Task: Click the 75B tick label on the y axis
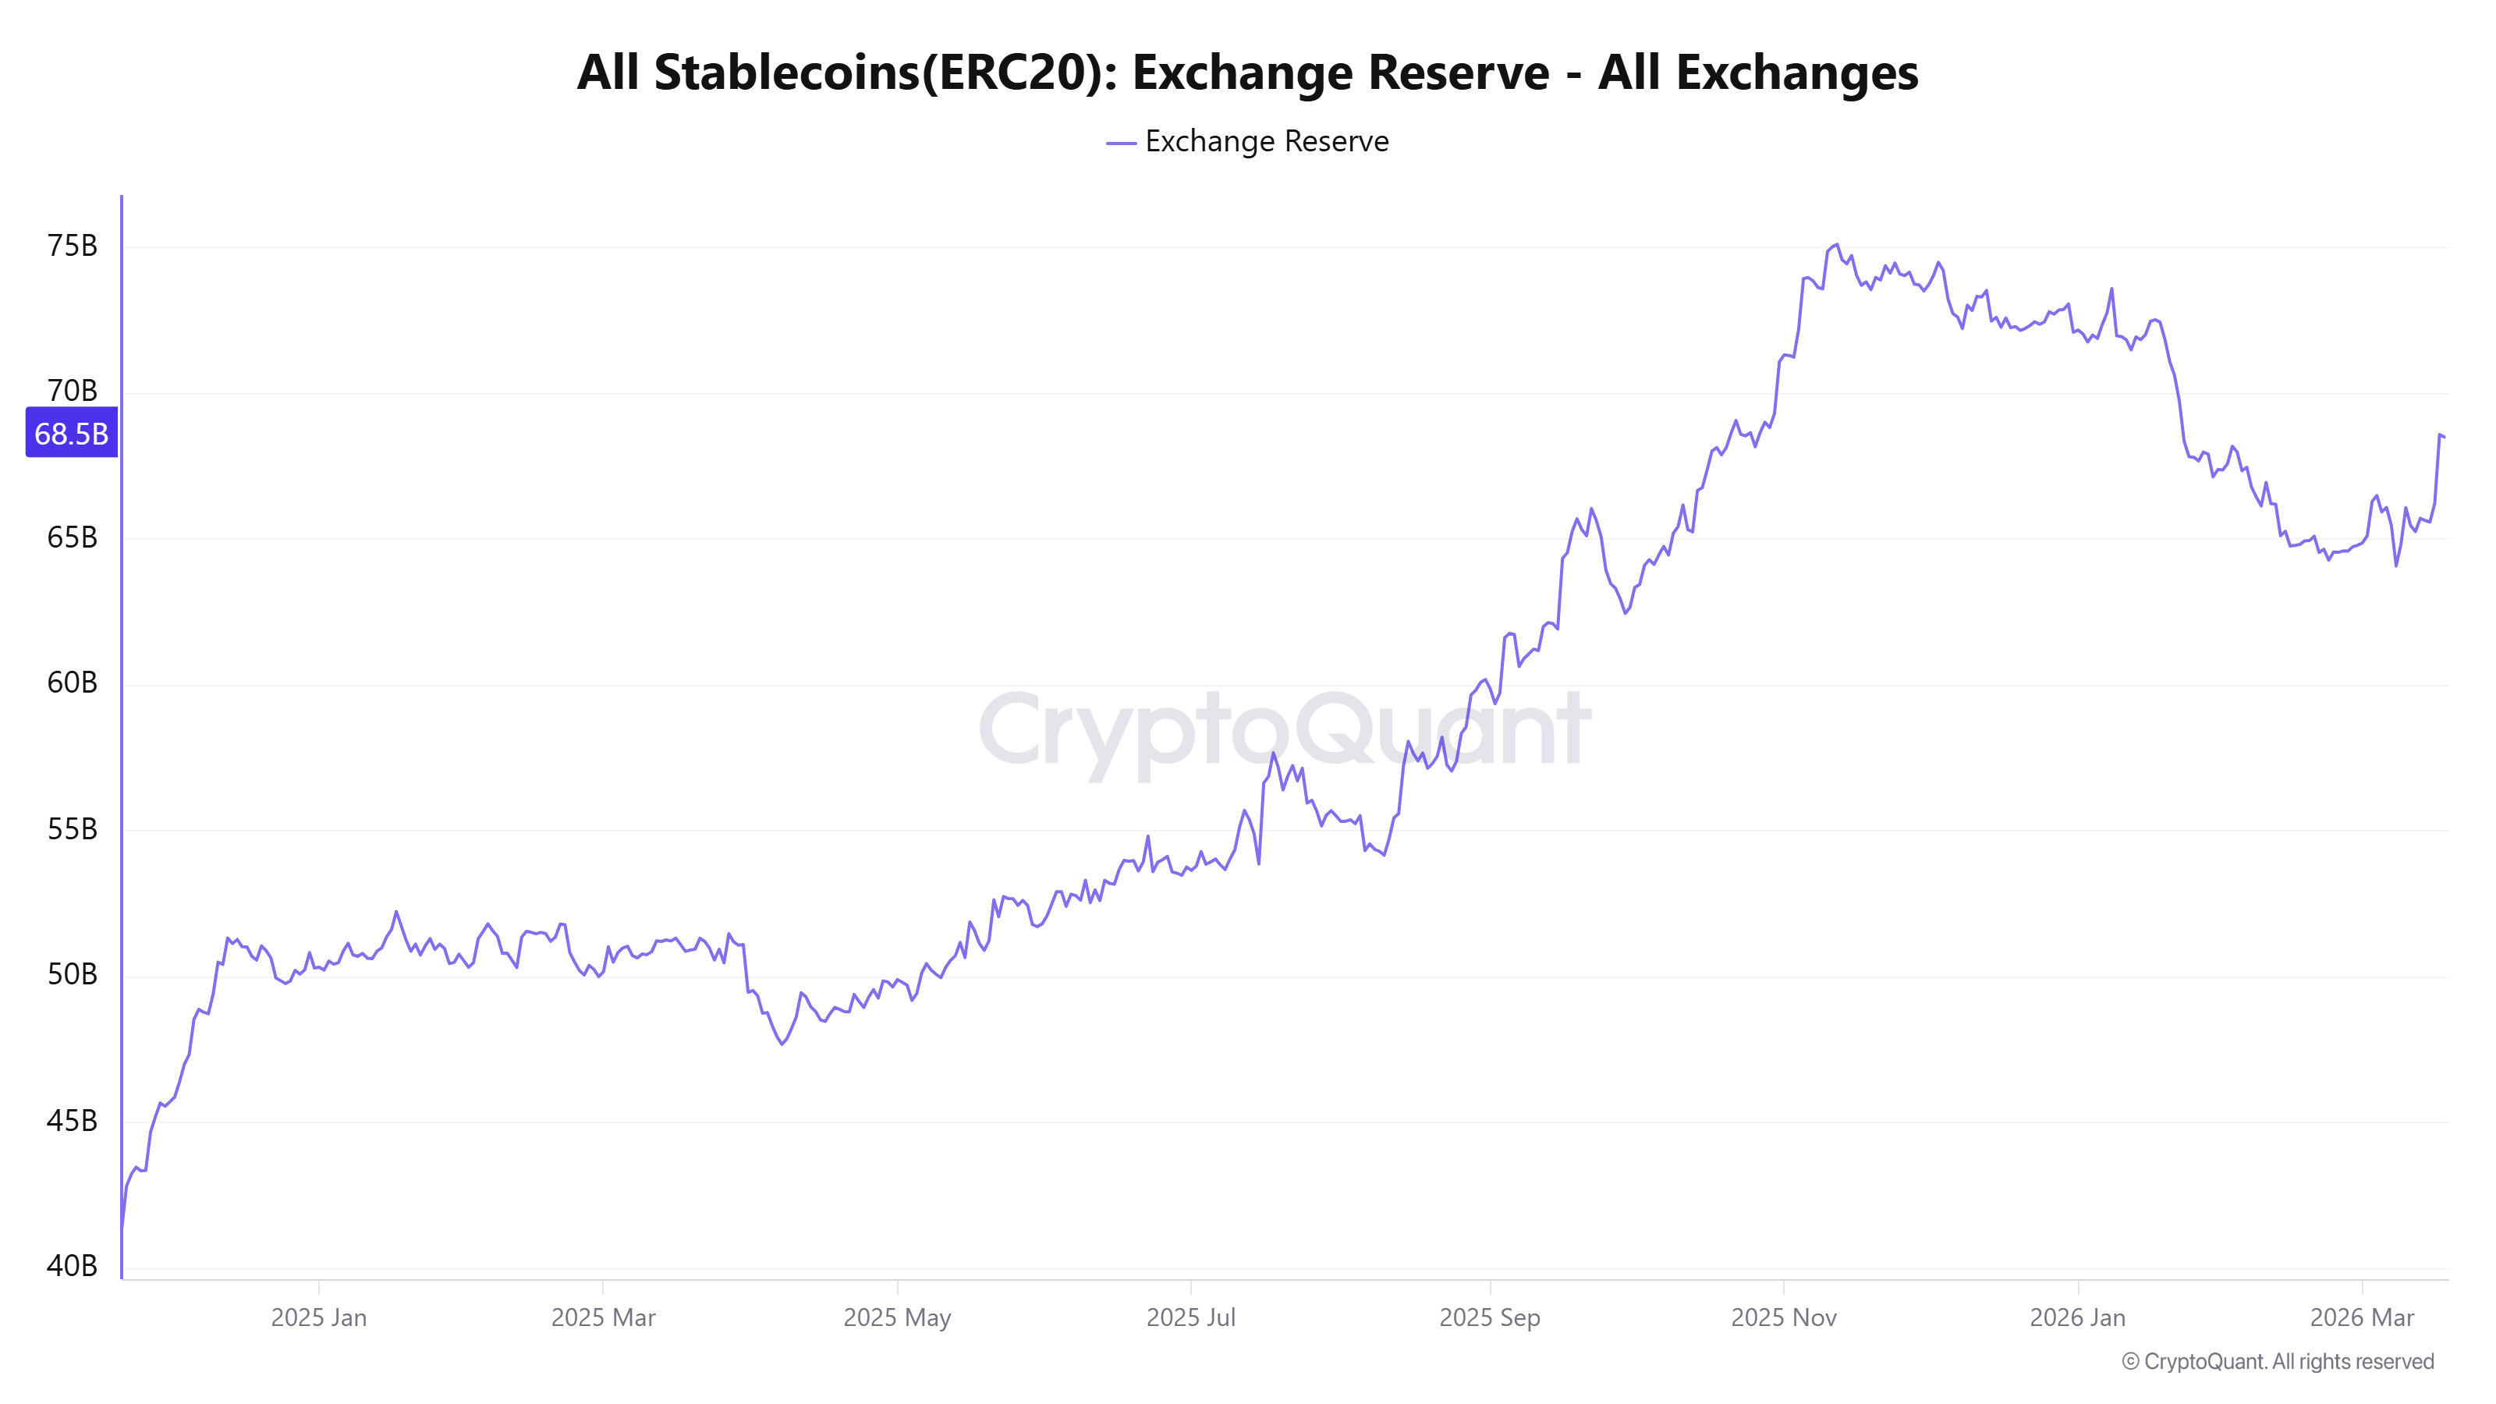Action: click(x=72, y=246)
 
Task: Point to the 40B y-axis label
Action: click(x=72, y=1265)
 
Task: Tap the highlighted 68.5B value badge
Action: click(x=72, y=433)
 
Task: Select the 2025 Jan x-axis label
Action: click(x=319, y=1317)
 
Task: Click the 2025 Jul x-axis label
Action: click(x=1191, y=1317)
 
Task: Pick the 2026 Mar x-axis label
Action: click(x=2361, y=1317)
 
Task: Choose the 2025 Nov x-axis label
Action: click(x=1784, y=1317)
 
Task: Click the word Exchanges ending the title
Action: click(x=1796, y=73)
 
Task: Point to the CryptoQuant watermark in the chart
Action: click(x=1284, y=729)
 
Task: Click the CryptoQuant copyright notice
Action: click(x=2277, y=1361)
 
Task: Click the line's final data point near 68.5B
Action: click(x=2444, y=437)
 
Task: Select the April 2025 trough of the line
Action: click(x=782, y=1044)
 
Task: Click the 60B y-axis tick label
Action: click(x=72, y=683)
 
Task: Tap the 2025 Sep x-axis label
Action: click(x=1489, y=1317)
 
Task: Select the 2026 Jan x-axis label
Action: click(x=2077, y=1317)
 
